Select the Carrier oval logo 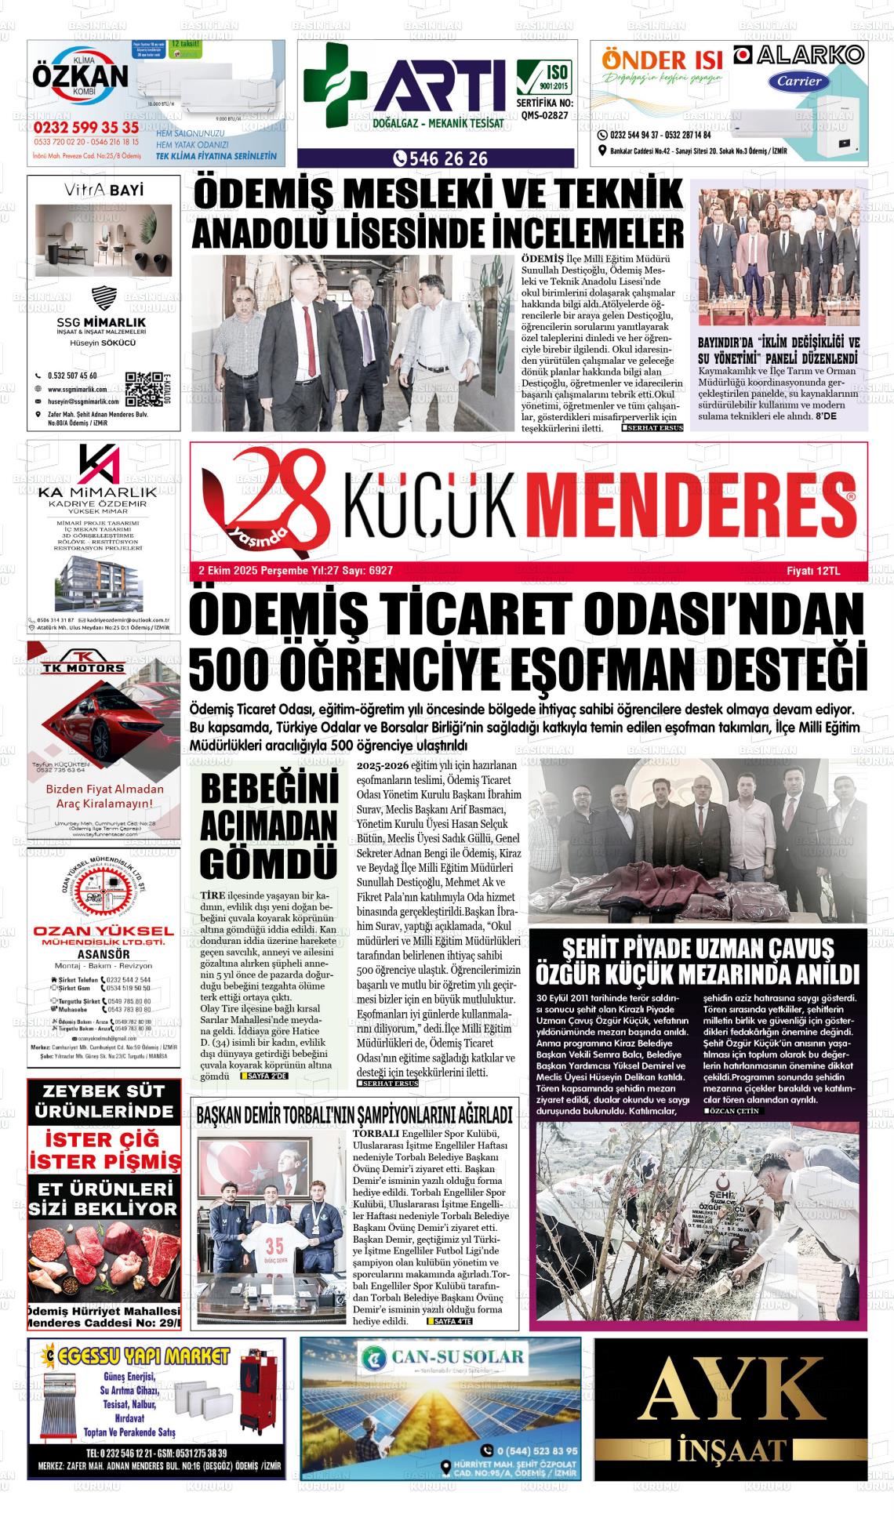click(x=799, y=81)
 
